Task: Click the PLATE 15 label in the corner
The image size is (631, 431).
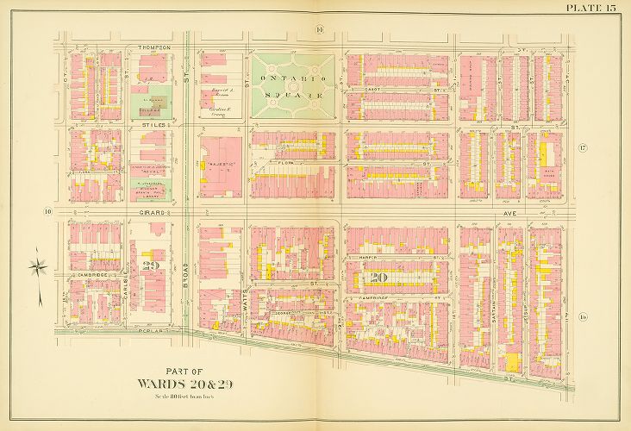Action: pyautogui.click(x=591, y=9)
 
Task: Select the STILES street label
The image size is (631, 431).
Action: pyautogui.click(x=153, y=125)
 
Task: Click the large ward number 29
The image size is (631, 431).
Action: pyautogui.click(x=152, y=265)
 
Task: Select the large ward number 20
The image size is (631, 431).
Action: pyautogui.click(x=378, y=277)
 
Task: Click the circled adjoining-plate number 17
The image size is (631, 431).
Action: pyautogui.click(x=583, y=149)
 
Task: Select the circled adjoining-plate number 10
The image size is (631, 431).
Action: pyautogui.click(x=49, y=209)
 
